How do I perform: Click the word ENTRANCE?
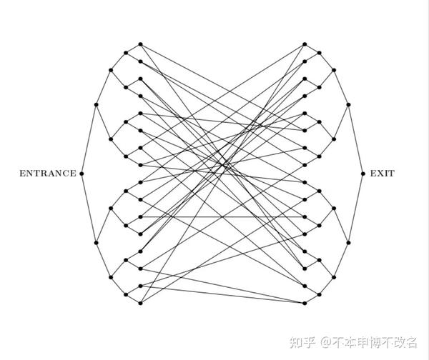click(47, 173)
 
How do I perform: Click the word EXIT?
click(382, 173)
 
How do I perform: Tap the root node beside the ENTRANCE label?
click(82, 173)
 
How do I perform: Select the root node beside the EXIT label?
click(363, 173)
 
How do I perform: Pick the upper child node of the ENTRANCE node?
click(96, 105)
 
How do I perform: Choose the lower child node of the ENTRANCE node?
click(96, 243)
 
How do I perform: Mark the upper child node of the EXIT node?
click(348, 105)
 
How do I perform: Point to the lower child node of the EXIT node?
click(348, 243)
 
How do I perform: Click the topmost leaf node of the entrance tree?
click(140, 44)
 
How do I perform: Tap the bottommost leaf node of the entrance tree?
click(140, 303)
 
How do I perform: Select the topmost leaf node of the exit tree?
click(305, 44)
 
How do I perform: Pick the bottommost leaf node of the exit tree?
click(305, 303)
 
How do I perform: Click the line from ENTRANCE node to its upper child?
click(89, 139)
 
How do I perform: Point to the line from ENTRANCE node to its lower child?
click(89, 208)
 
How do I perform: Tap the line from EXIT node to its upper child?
click(355, 139)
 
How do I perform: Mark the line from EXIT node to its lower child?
click(355, 208)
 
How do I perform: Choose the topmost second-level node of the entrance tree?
click(111, 70)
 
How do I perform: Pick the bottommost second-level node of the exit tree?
click(334, 277)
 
